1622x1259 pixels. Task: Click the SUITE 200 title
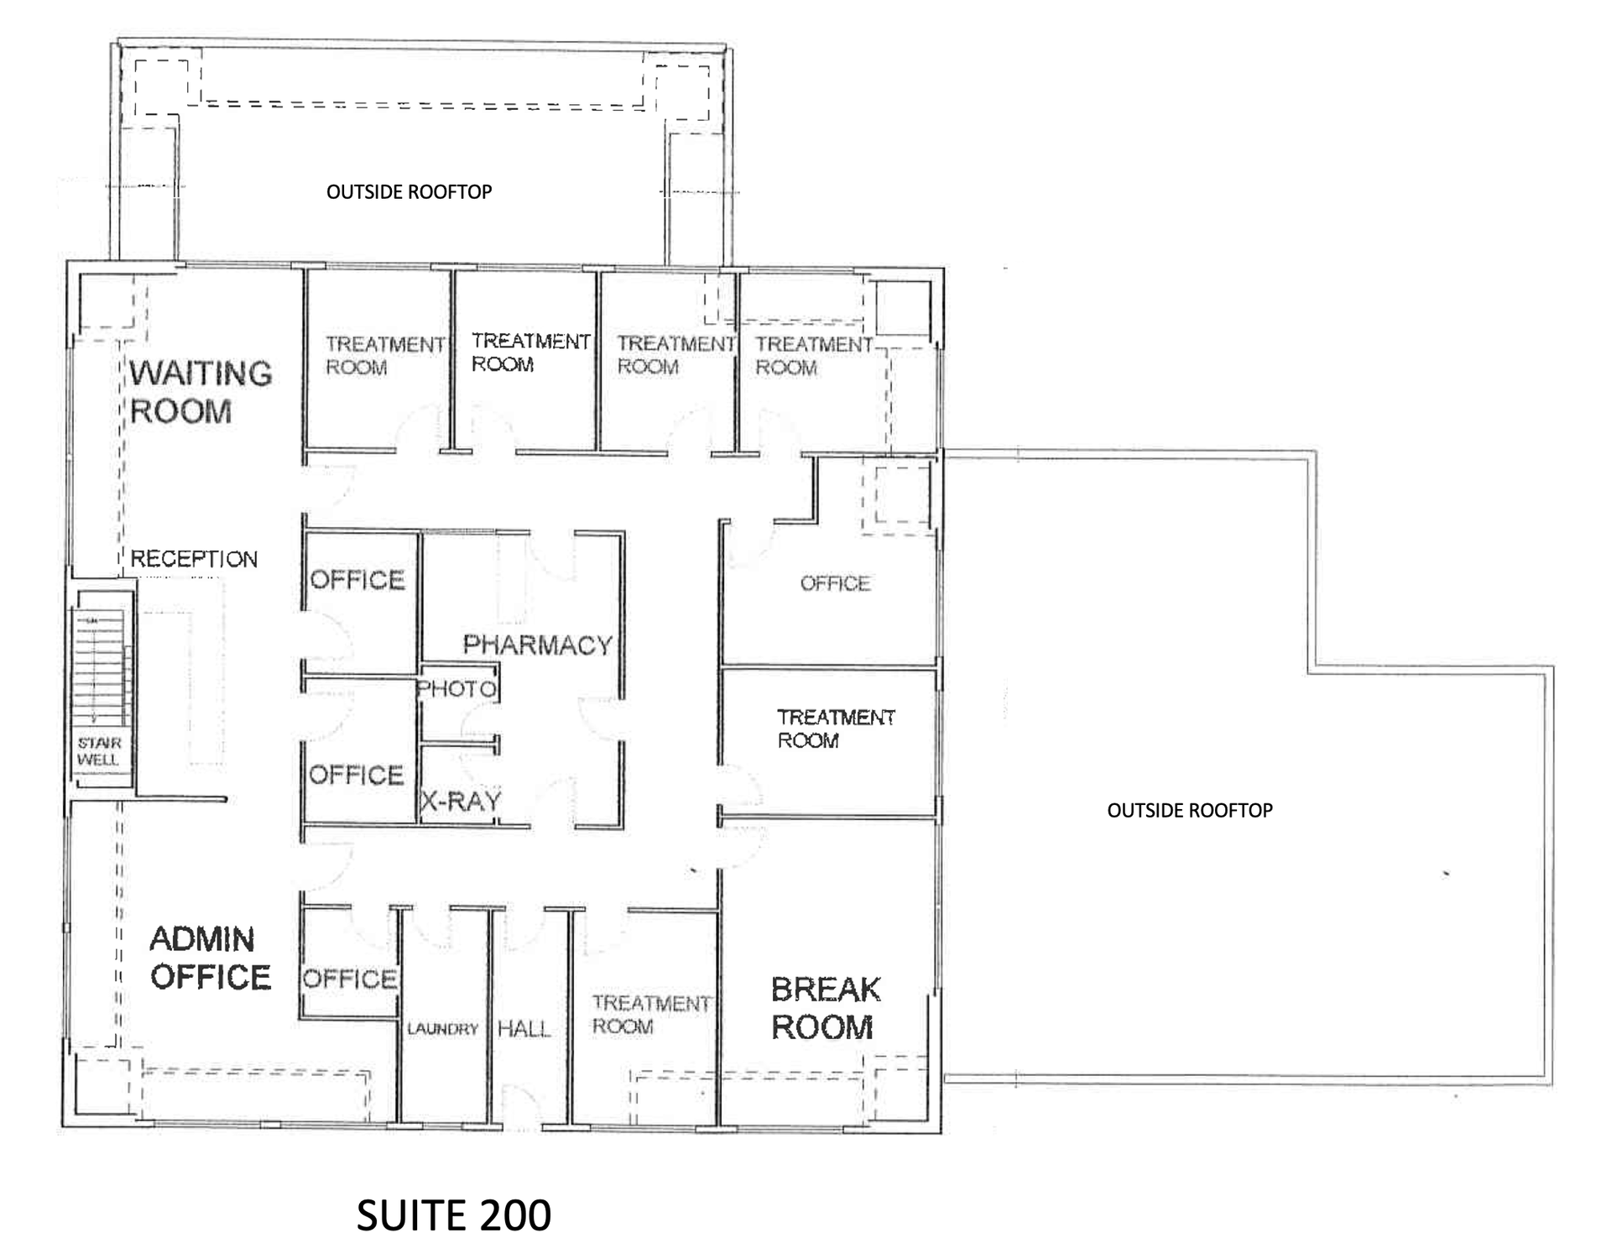coord(453,1215)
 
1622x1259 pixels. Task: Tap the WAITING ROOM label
coord(201,392)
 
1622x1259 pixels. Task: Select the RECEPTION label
coord(194,559)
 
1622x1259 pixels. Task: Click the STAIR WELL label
coord(99,751)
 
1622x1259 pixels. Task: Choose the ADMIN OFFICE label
coord(210,958)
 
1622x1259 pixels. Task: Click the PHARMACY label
coord(538,645)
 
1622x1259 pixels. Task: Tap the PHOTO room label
coord(457,689)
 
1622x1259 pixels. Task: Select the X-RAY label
coord(461,802)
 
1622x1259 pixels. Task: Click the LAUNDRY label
coord(442,1029)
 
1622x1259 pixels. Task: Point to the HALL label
coord(524,1029)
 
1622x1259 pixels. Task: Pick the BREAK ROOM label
coord(825,1008)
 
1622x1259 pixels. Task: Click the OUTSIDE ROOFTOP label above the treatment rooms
coord(409,192)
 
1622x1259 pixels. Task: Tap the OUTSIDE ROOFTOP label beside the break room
coord(1190,810)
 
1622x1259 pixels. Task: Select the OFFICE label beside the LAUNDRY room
coord(350,979)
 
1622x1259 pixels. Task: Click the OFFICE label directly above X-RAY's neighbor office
coord(357,580)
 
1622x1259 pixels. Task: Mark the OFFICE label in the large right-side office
coord(835,583)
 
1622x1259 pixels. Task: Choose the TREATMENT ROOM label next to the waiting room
coord(385,356)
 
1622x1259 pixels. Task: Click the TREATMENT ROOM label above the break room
coord(836,729)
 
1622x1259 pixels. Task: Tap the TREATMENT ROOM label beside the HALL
coord(651,1015)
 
